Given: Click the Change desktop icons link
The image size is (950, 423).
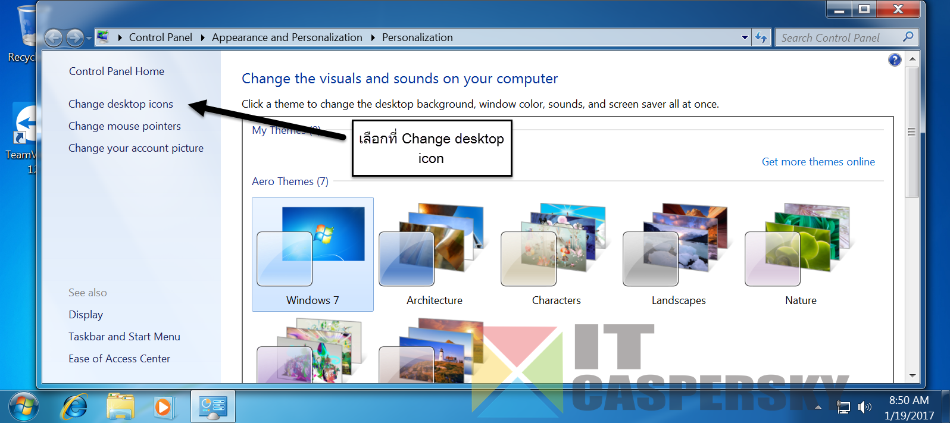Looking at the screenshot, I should coord(121,104).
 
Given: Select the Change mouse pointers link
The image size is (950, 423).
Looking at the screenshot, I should coord(124,126).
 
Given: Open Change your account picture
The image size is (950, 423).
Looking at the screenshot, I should coord(136,148).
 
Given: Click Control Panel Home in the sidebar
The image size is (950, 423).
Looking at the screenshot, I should coord(117,71).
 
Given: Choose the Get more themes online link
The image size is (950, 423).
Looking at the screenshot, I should coord(818,162).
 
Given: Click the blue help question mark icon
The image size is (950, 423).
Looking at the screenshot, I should coord(894,60).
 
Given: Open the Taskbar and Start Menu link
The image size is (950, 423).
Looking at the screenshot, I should coord(124,337).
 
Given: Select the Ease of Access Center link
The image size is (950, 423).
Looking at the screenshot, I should coord(119,359).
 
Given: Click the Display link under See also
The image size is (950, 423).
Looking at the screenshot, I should coord(86,315).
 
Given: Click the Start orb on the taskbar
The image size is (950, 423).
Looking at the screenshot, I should coord(24,407).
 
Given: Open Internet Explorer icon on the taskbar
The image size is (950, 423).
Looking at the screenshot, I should coord(74,407).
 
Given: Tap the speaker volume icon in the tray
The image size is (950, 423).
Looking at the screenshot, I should coord(864,408).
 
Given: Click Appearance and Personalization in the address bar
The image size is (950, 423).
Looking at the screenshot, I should coord(287,37).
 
